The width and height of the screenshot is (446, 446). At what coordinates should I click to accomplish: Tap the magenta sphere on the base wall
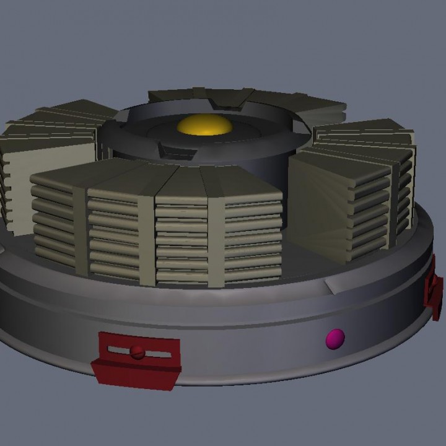335,339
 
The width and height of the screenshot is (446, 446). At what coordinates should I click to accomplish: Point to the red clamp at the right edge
433,289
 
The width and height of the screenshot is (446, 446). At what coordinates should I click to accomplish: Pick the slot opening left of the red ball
118,351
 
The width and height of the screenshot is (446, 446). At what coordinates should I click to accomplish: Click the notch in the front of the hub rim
170,149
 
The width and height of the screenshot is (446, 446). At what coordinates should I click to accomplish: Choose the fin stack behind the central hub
248,99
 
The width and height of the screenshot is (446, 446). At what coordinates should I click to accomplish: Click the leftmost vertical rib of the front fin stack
81,229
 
